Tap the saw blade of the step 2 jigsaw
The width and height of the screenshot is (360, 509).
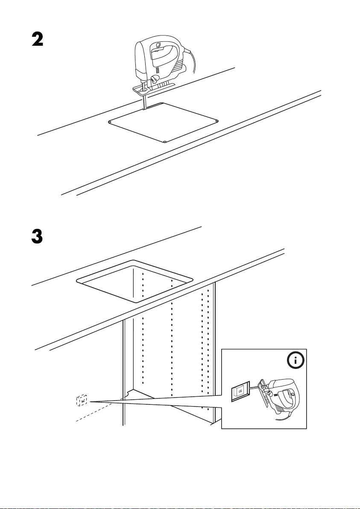[x=144, y=102]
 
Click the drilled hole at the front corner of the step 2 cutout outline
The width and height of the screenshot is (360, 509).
[x=165, y=142]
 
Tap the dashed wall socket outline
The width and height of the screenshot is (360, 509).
[x=81, y=400]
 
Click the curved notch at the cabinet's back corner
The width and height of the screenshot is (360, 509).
[x=127, y=393]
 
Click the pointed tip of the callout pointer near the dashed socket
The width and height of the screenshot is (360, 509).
[x=89, y=401]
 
